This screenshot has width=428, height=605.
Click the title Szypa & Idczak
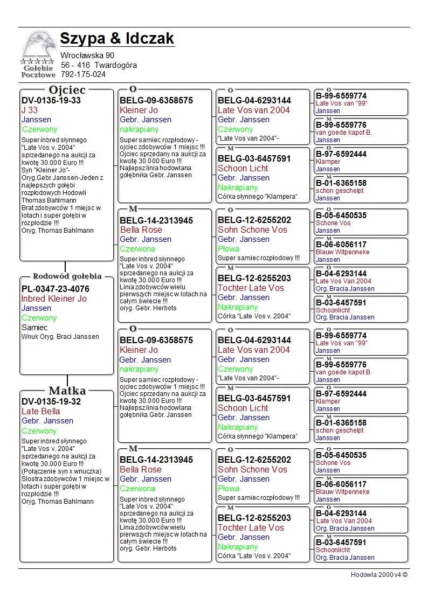point(117,39)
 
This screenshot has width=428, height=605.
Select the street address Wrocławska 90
point(87,55)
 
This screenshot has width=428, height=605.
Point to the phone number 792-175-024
point(83,74)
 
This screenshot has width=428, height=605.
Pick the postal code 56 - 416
point(75,65)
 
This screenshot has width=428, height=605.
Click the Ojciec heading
point(67,90)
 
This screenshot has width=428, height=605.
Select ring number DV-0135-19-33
point(51,101)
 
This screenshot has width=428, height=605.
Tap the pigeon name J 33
point(30,110)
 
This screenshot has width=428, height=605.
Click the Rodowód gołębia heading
point(67,276)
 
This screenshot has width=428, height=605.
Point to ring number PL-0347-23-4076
point(56,289)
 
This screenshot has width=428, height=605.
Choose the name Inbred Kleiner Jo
point(54,299)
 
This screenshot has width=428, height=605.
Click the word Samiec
point(34,328)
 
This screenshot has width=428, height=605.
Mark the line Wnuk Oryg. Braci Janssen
point(60,337)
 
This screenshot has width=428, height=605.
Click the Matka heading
point(67,391)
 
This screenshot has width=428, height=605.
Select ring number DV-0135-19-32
point(51,401)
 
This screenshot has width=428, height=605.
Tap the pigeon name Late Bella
point(40,412)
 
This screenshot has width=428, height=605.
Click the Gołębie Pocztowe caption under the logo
point(38,71)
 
